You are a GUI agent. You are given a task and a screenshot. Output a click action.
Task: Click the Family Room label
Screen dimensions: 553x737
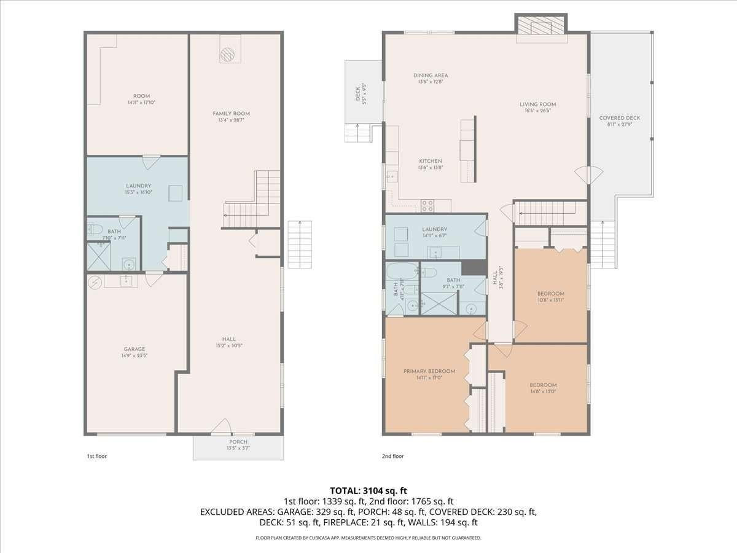click(231, 114)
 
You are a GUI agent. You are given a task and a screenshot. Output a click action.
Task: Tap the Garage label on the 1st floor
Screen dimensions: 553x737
click(135, 349)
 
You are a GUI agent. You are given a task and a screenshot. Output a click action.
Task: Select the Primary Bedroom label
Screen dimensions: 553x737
click(429, 371)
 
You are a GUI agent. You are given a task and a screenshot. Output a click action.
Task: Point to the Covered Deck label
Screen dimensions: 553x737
click(620, 118)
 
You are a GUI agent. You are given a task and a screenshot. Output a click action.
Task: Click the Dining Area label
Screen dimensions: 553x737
click(430, 76)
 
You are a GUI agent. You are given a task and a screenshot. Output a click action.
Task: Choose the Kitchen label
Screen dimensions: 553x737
click(430, 161)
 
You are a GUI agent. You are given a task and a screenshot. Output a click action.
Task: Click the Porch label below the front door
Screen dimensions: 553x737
click(238, 442)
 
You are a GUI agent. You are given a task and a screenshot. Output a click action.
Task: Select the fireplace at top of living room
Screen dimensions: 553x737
click(541, 26)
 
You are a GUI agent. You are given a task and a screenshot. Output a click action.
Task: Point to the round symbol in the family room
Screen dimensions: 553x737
click(227, 55)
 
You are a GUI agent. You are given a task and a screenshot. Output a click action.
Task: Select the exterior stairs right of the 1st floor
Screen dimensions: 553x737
click(300, 244)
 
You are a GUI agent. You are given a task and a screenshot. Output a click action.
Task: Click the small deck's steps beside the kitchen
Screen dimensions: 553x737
click(357, 132)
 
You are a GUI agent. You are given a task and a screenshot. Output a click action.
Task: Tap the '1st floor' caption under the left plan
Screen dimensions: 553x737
click(96, 457)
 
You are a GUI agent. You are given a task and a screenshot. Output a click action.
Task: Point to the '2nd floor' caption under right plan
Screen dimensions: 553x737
click(393, 457)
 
